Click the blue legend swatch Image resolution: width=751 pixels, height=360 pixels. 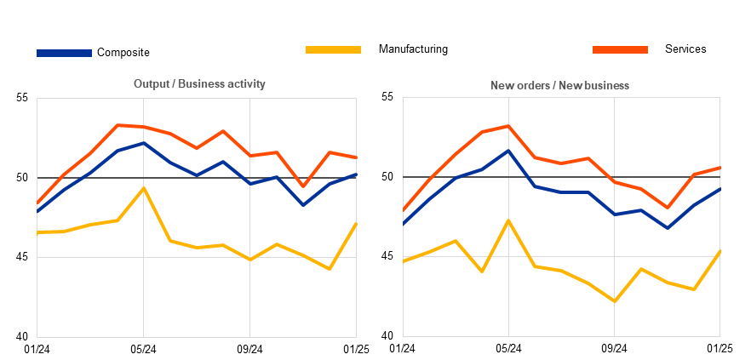(64, 53)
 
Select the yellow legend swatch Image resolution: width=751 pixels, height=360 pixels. (333, 49)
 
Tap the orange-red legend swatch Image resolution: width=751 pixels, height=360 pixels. (620, 49)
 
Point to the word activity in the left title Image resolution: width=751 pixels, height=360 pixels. (245, 84)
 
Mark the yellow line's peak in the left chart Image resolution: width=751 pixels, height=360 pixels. (143, 187)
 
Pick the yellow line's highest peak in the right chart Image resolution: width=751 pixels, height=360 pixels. (508, 220)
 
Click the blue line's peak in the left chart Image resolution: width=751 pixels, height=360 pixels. (144, 143)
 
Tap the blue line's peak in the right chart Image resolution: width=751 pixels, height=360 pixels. (508, 151)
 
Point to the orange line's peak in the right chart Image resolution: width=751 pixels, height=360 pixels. (508, 126)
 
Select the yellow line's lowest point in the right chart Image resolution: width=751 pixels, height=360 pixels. (614, 301)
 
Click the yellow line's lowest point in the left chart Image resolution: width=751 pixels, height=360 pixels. (329, 268)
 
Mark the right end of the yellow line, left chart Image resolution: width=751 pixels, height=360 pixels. (356, 223)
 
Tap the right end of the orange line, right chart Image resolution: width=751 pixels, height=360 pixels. (719, 168)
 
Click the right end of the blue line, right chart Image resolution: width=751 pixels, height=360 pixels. (719, 189)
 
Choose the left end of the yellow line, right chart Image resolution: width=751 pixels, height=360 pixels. (404, 261)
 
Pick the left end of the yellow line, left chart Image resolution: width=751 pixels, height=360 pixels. (38, 231)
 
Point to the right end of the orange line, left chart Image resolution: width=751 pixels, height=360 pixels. (356, 157)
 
